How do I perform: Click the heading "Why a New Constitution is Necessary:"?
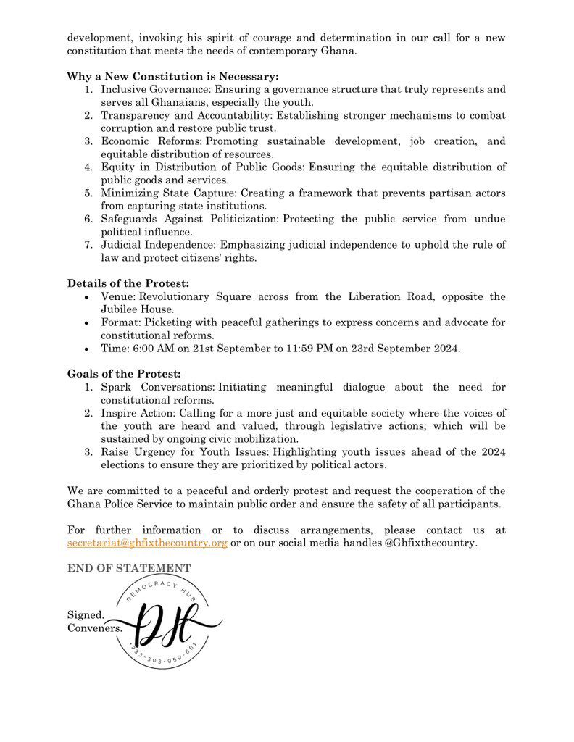click(x=172, y=76)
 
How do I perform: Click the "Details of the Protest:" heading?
click(x=128, y=283)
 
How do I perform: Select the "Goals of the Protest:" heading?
click(x=125, y=374)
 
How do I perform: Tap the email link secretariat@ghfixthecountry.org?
click(x=148, y=543)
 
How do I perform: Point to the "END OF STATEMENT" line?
click(x=129, y=568)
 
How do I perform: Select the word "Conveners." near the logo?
click(x=95, y=628)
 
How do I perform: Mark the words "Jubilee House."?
click(x=138, y=309)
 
